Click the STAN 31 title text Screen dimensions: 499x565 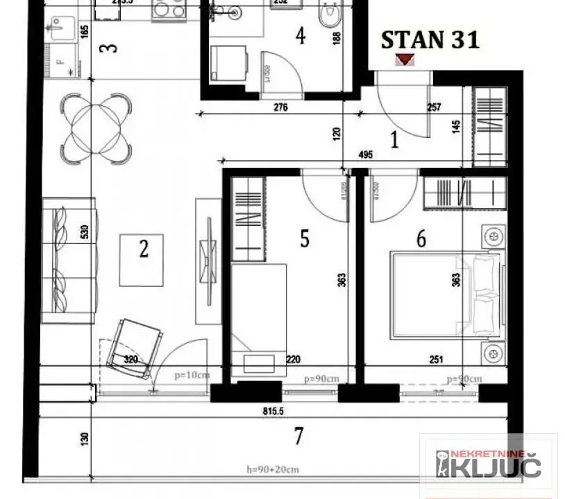(430, 40)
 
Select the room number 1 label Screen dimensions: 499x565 (394, 141)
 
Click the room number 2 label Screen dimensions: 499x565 (144, 248)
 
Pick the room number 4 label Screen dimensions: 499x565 (300, 35)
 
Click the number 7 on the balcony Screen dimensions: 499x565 (298, 436)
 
